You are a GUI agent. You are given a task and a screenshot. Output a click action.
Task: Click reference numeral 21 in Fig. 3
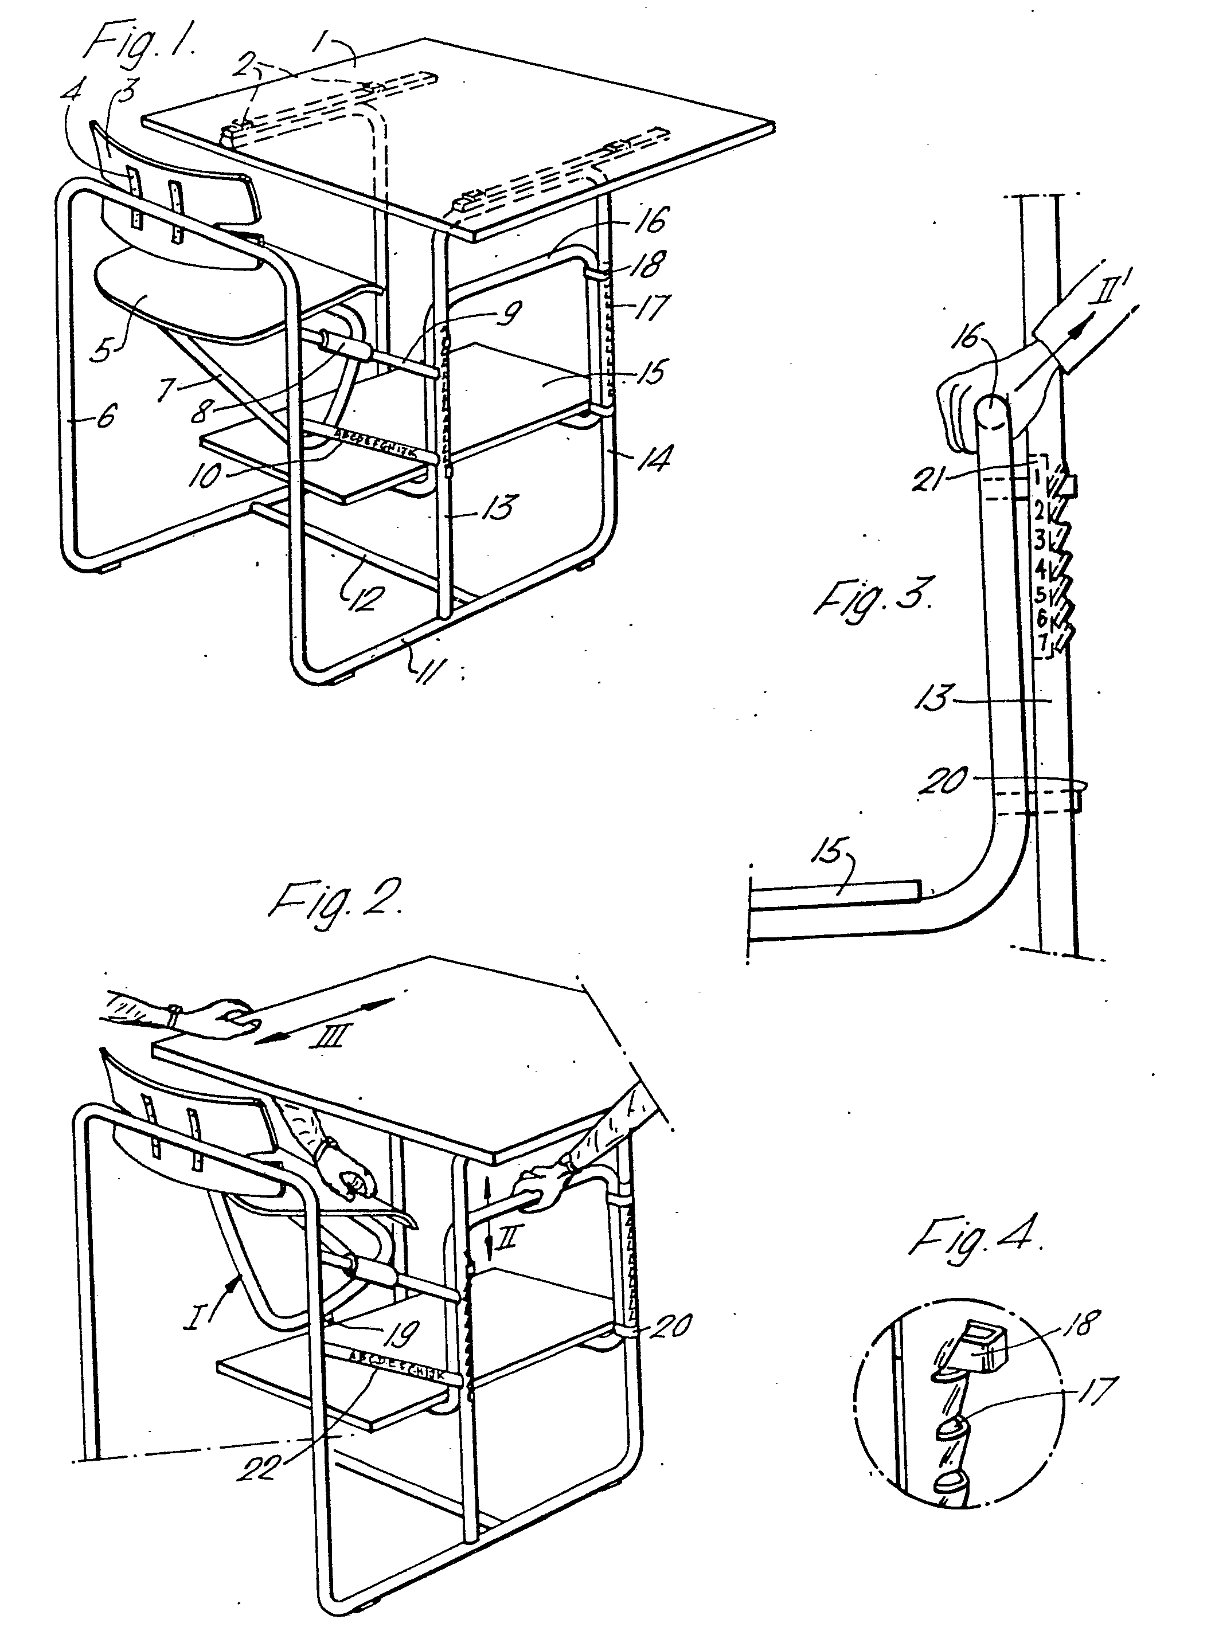tap(932, 482)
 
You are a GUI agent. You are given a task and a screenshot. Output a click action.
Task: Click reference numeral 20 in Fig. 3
tap(945, 780)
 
